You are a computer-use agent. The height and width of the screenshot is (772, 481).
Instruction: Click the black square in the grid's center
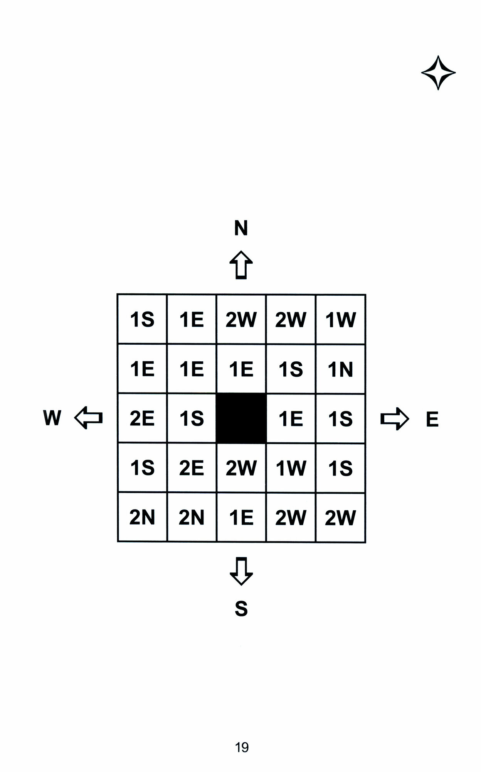tap(241, 418)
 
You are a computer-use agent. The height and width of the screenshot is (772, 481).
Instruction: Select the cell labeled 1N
tap(340, 369)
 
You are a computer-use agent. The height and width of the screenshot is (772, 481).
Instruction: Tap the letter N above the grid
tap(241, 228)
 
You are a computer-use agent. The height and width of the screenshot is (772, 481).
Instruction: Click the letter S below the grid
tap(241, 609)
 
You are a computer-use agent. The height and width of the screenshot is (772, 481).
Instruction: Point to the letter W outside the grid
tap(52, 418)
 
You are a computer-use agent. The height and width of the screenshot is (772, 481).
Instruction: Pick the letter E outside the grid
tap(432, 419)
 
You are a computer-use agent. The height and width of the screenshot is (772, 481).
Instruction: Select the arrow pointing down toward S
tap(241, 571)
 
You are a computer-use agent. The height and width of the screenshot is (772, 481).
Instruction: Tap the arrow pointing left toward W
tap(88, 418)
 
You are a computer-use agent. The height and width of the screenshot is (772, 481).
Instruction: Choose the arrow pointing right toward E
tap(394, 419)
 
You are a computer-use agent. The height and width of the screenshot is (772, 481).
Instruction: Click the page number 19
tap(242, 747)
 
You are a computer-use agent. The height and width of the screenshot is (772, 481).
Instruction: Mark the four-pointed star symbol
tap(438, 73)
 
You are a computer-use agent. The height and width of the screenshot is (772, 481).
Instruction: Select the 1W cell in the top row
tap(340, 320)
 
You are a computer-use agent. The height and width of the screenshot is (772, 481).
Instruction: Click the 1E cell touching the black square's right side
tap(291, 418)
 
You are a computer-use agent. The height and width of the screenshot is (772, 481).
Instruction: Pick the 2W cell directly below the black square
tap(241, 468)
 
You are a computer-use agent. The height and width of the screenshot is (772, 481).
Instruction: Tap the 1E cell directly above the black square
tap(241, 369)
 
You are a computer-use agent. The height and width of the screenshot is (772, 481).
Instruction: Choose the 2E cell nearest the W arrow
tap(142, 418)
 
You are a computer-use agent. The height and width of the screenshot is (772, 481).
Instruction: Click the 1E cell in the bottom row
tap(241, 517)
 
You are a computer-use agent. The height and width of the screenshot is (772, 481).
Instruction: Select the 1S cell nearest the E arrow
tap(340, 418)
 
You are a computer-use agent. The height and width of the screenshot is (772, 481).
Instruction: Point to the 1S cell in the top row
tap(142, 320)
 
